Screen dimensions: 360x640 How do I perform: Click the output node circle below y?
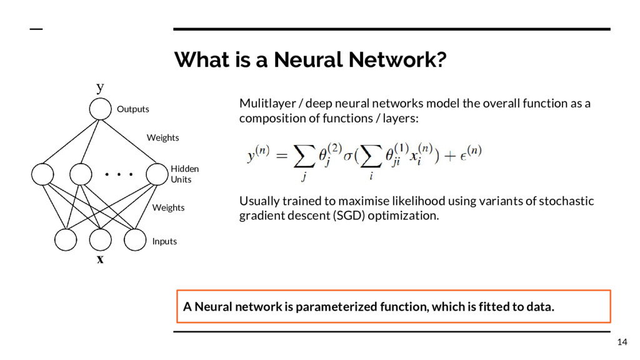pos(99,109)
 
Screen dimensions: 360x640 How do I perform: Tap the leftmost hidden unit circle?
pos(42,175)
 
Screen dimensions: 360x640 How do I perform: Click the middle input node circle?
pos(99,240)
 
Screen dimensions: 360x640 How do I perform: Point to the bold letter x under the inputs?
pos(100,259)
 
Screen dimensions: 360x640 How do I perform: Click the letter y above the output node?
pos(100,87)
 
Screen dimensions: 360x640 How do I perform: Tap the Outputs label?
pos(133,109)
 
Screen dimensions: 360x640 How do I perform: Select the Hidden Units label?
pos(184,174)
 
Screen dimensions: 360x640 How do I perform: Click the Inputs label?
pos(164,241)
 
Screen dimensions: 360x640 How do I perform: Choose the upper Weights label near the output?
pos(162,137)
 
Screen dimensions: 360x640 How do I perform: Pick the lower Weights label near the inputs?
pos(168,207)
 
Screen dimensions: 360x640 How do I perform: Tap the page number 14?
pos(621,341)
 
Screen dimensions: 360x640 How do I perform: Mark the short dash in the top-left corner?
pos(37,30)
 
